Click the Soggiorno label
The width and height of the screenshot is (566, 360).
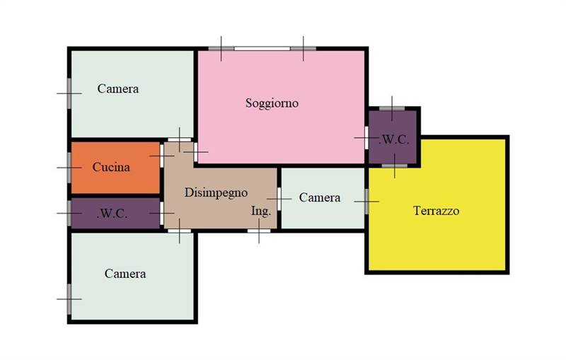272,103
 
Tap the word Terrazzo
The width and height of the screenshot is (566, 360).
436,211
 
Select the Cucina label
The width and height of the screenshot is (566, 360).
111,167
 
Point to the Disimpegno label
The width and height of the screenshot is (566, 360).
216,193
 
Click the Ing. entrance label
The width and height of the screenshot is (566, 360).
261,211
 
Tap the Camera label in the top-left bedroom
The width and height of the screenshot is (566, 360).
118,88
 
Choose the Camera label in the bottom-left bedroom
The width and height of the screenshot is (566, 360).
125,274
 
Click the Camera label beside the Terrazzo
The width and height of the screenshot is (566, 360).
320,197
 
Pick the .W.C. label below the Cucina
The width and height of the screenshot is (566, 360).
112,214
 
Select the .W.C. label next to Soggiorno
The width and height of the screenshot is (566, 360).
394,139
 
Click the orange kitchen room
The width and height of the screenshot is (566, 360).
115,168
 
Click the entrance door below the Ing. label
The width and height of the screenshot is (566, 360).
259,231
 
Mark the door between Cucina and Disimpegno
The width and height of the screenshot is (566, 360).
162,156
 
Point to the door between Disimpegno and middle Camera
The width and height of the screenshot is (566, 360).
279,199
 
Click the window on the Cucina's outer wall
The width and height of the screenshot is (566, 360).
69,168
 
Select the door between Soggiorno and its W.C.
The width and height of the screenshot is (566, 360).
366,138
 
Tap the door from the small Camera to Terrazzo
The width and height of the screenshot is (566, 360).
366,202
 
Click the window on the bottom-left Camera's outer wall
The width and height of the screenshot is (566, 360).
69,299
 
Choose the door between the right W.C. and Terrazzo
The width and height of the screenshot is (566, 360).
395,166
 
